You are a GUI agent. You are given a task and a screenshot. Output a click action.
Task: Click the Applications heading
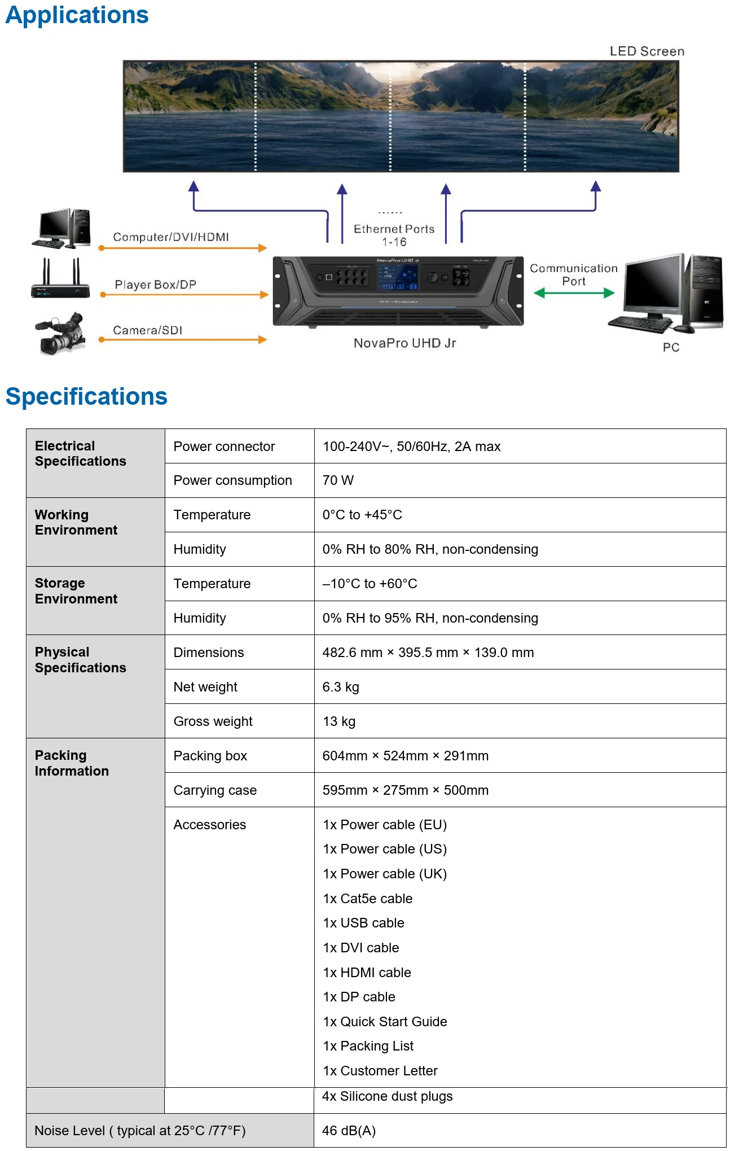click(x=77, y=15)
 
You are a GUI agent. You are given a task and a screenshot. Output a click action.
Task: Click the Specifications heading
click(x=86, y=396)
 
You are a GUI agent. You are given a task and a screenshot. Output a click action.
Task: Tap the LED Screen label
click(x=647, y=51)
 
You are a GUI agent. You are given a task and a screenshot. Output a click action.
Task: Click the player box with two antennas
click(x=60, y=279)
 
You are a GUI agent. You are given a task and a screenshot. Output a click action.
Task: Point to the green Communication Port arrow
click(x=574, y=293)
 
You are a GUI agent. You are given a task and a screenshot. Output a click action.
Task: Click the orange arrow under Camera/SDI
click(x=183, y=340)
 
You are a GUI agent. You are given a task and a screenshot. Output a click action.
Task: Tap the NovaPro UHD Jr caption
click(x=404, y=343)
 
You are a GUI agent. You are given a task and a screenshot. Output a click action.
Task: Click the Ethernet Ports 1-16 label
click(x=394, y=235)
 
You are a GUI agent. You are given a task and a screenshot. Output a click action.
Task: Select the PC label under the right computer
click(x=671, y=347)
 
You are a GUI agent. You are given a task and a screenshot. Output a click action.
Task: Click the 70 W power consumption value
click(x=338, y=480)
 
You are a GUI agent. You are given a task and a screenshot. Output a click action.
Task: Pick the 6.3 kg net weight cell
click(x=341, y=687)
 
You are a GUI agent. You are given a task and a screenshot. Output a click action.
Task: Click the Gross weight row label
click(x=213, y=721)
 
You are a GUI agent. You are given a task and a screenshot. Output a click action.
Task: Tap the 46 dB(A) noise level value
click(x=349, y=1131)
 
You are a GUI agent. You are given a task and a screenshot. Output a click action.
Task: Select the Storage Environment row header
click(x=76, y=591)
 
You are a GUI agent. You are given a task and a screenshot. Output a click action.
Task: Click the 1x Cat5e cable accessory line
click(x=367, y=899)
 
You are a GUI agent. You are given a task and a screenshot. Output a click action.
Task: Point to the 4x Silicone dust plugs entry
click(x=387, y=1096)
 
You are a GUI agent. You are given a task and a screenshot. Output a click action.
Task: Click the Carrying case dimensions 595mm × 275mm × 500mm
click(x=405, y=790)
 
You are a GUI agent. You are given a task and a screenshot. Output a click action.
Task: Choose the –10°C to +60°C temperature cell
click(x=370, y=584)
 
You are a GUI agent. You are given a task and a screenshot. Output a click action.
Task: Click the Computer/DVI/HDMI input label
click(x=171, y=237)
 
